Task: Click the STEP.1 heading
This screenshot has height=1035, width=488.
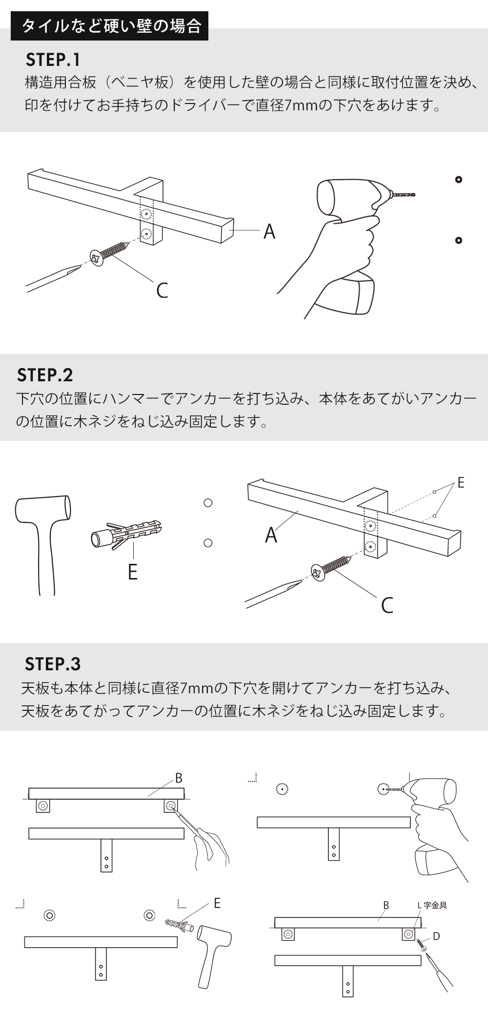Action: click(x=53, y=60)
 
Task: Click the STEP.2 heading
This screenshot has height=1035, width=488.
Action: click(x=45, y=375)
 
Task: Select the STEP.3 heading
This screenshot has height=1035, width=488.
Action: click(x=53, y=664)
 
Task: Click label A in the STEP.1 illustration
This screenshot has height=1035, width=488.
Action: click(x=269, y=231)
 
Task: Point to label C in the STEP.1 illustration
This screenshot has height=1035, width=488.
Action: click(x=162, y=290)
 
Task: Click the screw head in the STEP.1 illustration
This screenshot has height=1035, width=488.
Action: click(x=97, y=258)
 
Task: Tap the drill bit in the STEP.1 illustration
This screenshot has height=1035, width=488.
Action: click(x=403, y=195)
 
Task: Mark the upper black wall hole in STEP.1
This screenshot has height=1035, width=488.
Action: click(x=458, y=180)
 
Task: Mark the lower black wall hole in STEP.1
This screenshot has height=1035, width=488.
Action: click(x=458, y=240)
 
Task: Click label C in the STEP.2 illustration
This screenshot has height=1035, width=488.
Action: click(x=387, y=605)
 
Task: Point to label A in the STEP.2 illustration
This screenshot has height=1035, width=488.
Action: click(x=271, y=535)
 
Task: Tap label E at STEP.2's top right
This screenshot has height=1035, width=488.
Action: click(x=461, y=483)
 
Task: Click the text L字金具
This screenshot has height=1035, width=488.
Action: click(x=432, y=905)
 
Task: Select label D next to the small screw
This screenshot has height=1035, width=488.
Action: click(x=436, y=936)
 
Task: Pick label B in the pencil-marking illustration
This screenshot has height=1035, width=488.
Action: click(x=179, y=778)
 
